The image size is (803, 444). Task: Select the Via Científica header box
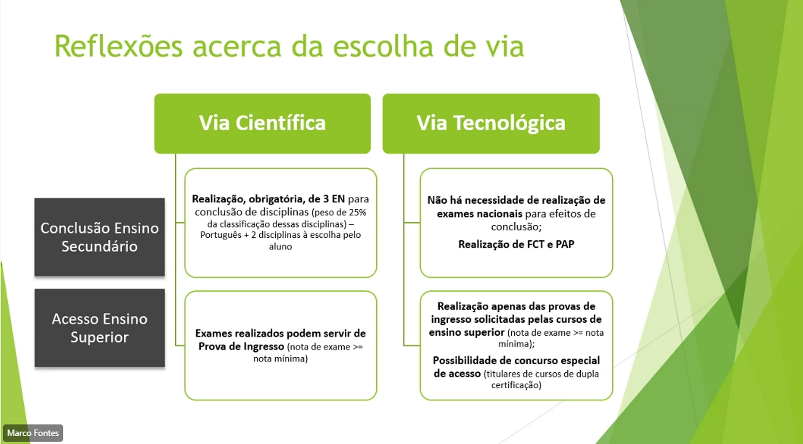tap(262, 124)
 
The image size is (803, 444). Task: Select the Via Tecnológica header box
tap(491, 124)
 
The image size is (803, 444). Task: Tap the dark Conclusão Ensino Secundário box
tap(100, 237)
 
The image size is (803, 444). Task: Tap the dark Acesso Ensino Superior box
tap(100, 328)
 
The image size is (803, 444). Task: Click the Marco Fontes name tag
tap(33, 433)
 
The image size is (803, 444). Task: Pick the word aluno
tap(280, 247)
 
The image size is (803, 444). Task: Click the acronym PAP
tap(565, 244)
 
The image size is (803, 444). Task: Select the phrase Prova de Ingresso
tap(241, 347)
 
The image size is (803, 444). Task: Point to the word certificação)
tap(516, 385)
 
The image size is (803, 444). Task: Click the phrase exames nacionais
tap(480, 214)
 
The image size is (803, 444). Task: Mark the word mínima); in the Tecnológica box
tap(516, 344)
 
